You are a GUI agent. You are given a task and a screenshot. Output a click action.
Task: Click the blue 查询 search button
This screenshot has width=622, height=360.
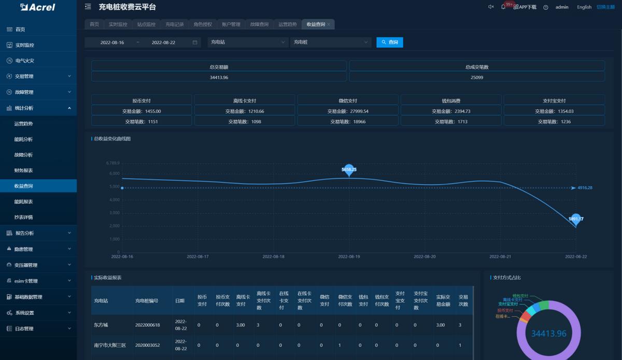click(390, 42)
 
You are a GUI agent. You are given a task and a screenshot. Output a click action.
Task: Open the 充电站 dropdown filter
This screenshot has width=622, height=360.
click(248, 42)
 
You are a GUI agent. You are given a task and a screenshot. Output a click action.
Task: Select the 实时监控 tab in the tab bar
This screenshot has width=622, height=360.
click(118, 24)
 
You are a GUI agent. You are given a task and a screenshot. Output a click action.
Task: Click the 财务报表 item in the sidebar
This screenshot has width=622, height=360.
click(24, 170)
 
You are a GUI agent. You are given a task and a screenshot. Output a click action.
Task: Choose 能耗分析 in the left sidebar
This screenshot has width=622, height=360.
click(24, 139)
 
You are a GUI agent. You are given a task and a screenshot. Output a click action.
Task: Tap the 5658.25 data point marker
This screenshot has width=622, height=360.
click(349, 170)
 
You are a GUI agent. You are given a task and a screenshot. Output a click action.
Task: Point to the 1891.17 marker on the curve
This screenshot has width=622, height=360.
click(576, 219)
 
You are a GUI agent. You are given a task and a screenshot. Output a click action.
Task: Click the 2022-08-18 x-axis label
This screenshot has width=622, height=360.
click(273, 256)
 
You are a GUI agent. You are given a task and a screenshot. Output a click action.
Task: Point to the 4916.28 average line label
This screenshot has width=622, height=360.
click(585, 188)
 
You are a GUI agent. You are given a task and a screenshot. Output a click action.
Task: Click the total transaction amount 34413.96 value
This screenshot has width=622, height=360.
click(219, 77)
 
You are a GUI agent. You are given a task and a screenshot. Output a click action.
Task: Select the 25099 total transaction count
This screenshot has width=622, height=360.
click(477, 77)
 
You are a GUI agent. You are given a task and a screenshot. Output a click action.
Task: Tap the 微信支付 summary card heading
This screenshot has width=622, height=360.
click(348, 101)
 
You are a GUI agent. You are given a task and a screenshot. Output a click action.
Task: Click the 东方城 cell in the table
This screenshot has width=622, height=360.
click(101, 325)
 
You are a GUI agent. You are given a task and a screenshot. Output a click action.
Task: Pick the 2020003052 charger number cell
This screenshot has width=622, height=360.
click(147, 345)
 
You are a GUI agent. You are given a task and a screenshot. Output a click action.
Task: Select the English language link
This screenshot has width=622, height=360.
click(584, 7)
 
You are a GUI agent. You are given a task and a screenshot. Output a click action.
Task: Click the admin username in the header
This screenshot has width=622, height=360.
click(562, 7)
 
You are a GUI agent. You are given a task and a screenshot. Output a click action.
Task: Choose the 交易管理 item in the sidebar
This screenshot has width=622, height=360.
click(24, 76)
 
